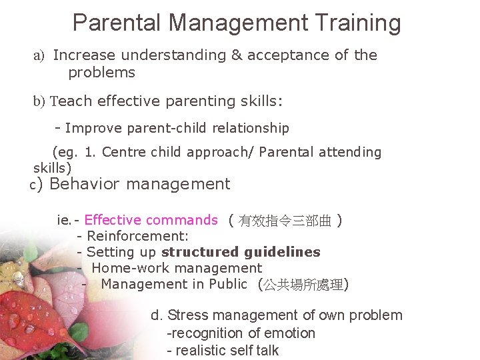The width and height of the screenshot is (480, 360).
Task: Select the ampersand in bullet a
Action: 237,55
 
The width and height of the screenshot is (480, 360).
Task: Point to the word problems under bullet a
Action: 101,73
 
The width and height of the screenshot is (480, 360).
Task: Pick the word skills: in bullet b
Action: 257,101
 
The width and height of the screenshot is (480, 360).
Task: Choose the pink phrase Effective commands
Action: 151,220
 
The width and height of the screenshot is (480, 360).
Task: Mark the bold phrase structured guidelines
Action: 241,252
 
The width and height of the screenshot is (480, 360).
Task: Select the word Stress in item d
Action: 188,315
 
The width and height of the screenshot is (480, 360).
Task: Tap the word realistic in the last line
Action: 201,351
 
